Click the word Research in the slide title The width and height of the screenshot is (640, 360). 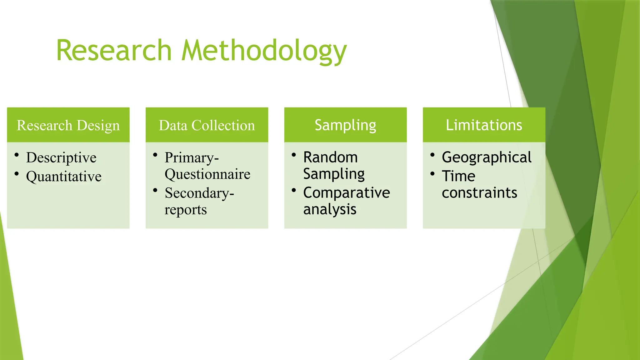(114, 51)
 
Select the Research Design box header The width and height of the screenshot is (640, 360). (68, 125)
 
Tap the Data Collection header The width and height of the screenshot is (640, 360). (207, 125)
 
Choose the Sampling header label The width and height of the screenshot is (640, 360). (345, 125)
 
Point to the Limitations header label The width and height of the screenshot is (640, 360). (484, 125)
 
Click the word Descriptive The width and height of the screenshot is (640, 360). (61, 157)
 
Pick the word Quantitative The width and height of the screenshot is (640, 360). (64, 177)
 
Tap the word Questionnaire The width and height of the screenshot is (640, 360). (207, 174)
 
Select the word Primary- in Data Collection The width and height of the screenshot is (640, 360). (192, 157)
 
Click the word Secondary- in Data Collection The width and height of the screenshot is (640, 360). (199, 193)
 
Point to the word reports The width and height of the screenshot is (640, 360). (186, 210)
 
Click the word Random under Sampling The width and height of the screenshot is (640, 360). (330, 157)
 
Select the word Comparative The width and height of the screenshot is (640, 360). (347, 192)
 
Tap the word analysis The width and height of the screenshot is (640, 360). (330, 209)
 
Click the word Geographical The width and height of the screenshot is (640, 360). (487, 157)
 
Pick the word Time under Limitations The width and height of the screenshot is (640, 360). (458, 176)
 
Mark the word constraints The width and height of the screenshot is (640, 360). (479, 193)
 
